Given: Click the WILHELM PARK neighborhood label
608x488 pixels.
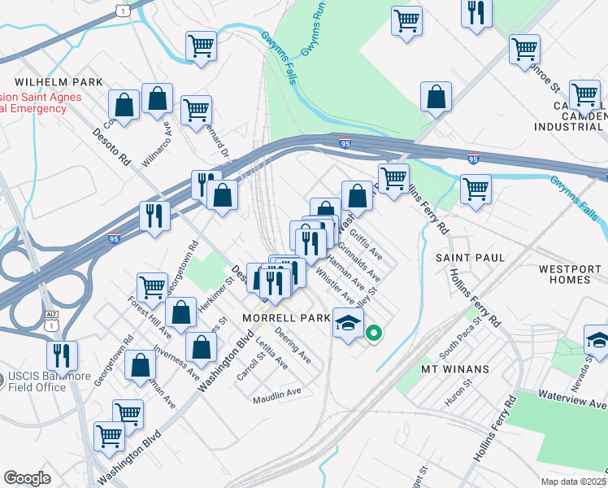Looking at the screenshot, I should [59, 82].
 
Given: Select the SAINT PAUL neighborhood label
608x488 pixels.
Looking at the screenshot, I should [470, 257].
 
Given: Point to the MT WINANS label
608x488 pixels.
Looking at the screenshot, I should [454, 369].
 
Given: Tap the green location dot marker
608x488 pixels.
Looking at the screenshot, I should [374, 333].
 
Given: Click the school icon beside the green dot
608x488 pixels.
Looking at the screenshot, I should [348, 324].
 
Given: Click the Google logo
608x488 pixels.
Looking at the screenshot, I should [28, 478].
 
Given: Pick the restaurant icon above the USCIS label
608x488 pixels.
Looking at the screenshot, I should [62, 355].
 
